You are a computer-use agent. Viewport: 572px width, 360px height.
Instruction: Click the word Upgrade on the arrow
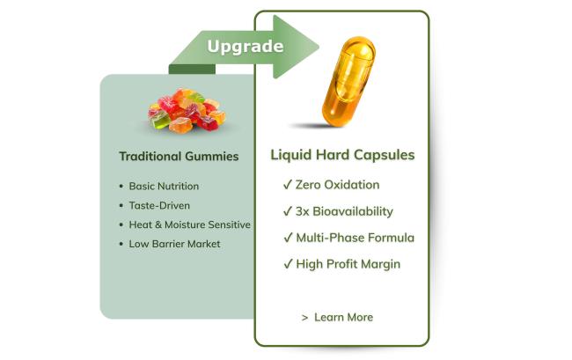246,47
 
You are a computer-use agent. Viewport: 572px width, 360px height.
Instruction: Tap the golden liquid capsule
348,82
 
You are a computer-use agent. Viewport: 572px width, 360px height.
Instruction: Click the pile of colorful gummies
187,110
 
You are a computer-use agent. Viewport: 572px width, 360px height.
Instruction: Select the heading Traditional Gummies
179,157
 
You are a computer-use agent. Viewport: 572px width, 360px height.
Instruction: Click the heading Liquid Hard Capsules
342,155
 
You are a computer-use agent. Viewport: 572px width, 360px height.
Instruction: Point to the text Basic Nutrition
164,186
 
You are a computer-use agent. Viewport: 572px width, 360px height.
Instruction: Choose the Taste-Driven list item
159,205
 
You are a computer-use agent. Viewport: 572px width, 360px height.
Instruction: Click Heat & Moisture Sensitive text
190,224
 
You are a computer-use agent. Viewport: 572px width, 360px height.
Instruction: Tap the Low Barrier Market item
174,244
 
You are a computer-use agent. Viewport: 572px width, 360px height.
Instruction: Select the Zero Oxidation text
337,185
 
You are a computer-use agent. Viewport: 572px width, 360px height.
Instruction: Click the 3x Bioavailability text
344,211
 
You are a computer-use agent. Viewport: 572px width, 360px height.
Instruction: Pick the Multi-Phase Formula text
356,238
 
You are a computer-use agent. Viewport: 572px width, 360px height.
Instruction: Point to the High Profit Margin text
348,264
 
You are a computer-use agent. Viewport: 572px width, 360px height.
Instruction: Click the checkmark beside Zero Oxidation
288,185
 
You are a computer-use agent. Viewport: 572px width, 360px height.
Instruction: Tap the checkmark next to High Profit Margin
288,264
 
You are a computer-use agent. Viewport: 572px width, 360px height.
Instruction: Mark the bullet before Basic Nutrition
121,187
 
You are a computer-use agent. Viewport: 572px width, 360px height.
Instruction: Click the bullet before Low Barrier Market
121,244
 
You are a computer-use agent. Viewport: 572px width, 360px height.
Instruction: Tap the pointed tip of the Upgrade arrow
319,47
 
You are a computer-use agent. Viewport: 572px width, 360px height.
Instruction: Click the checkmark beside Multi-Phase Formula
288,238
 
